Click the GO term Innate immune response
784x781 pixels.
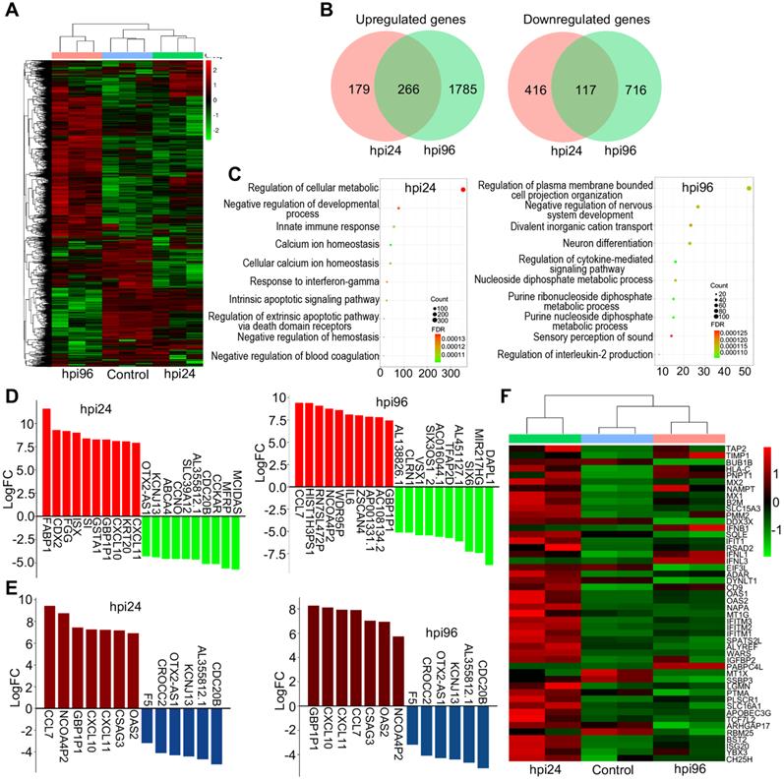pyautogui.click(x=319, y=227)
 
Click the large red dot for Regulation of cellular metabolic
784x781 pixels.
pyautogui.click(x=462, y=188)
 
